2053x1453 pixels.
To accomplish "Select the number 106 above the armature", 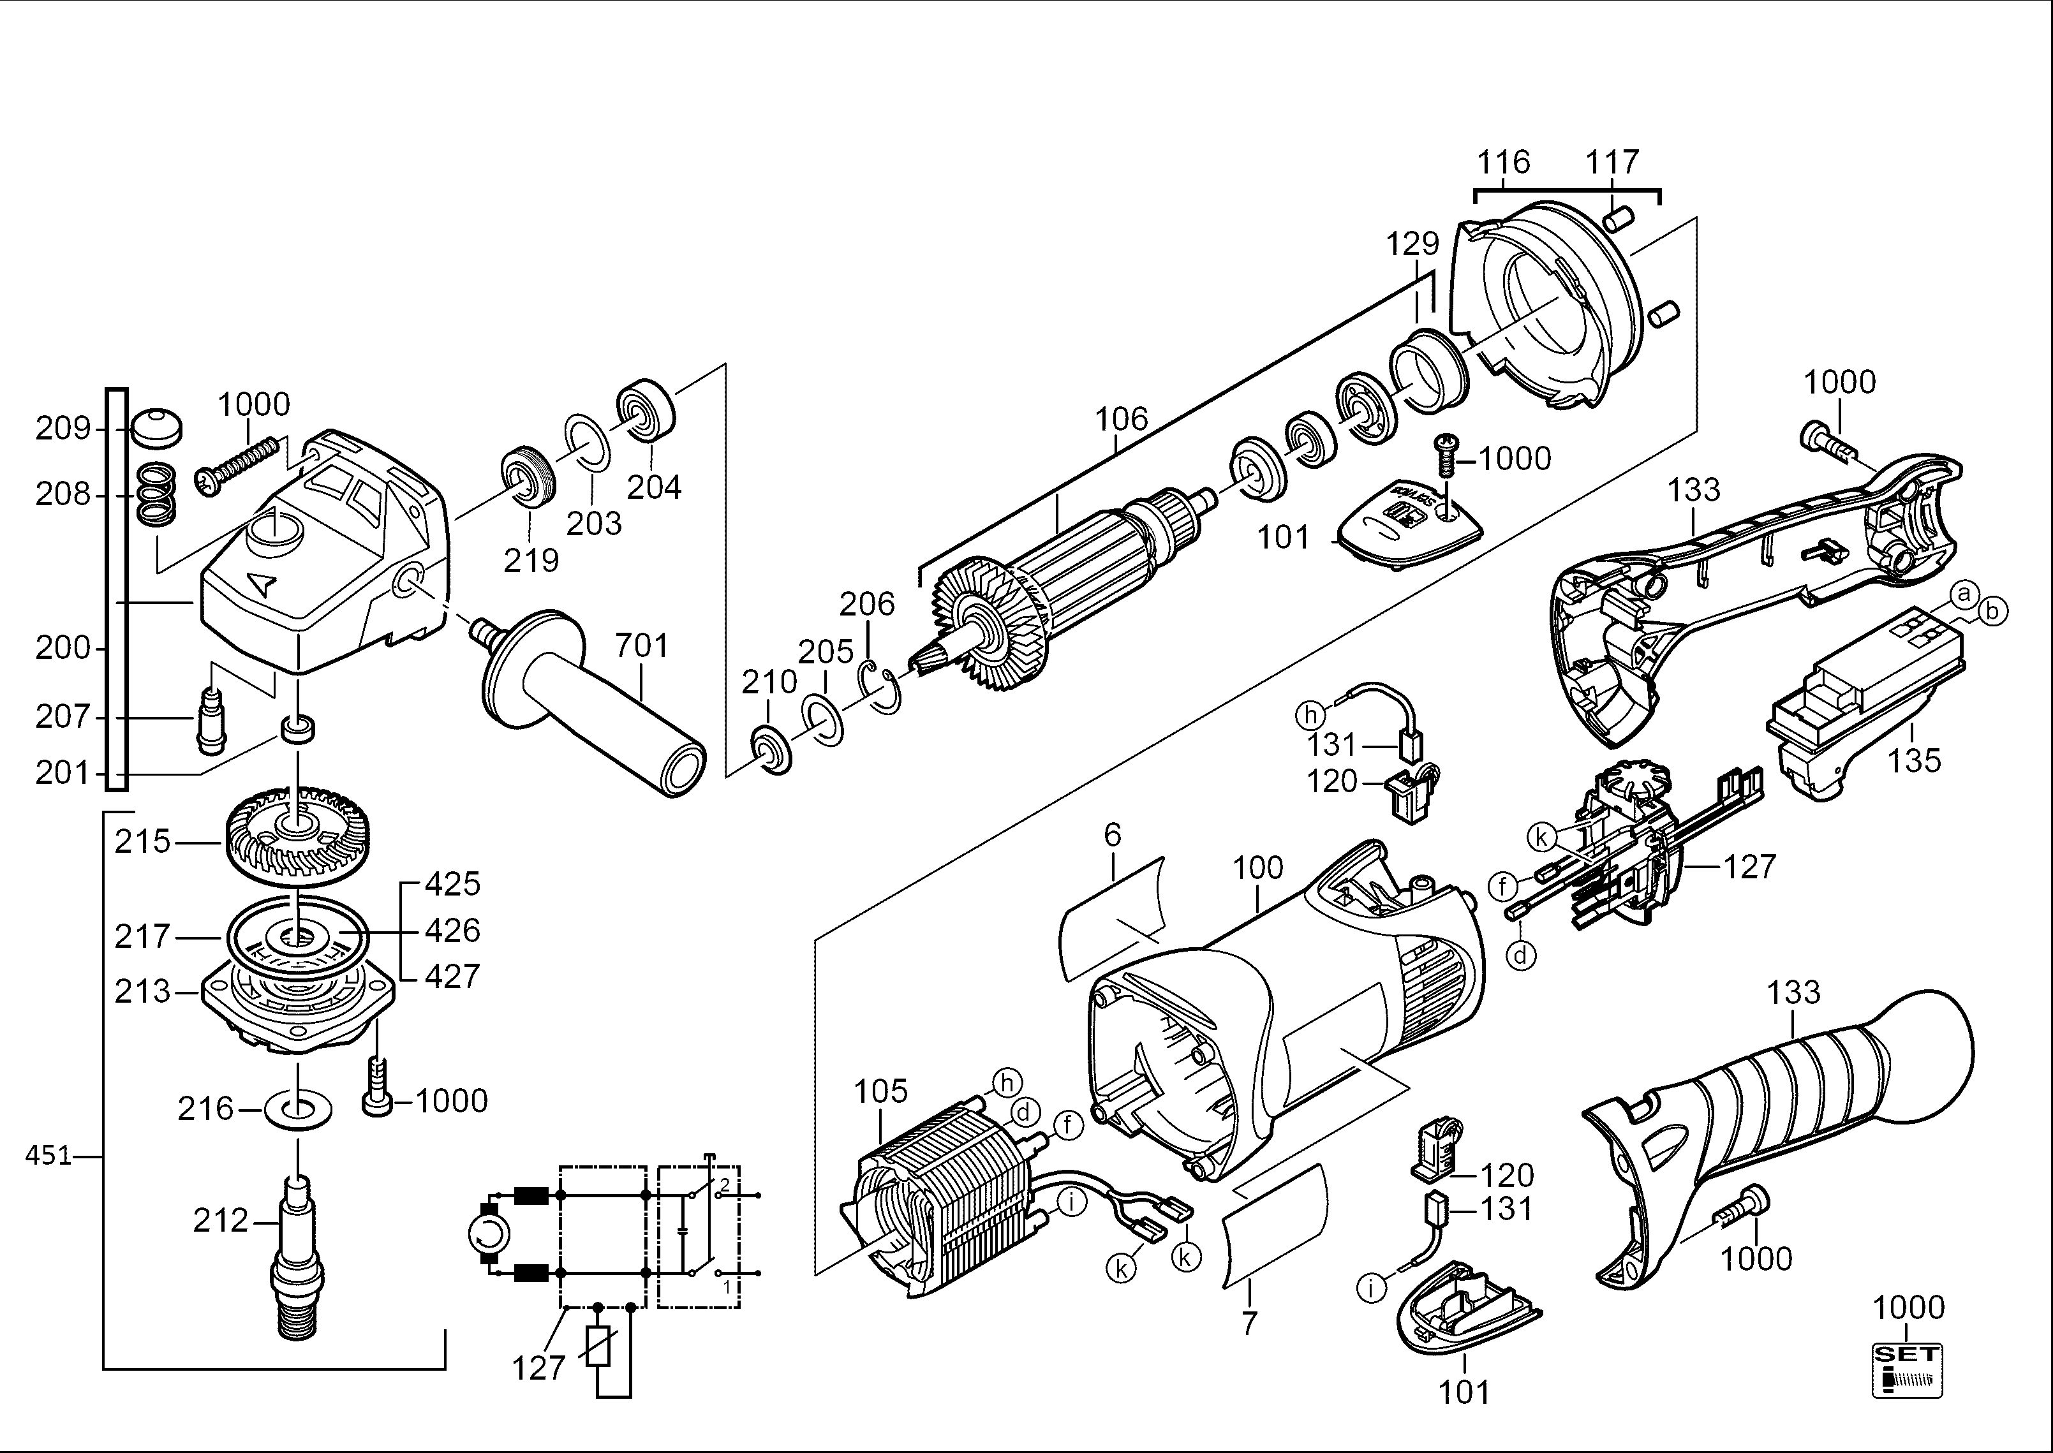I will coord(1122,418).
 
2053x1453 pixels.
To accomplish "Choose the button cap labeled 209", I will coord(155,429).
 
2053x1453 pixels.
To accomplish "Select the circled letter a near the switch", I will coord(1964,593).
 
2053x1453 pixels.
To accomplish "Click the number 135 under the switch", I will coord(1915,760).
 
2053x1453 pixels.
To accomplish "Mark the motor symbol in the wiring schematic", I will coord(489,1235).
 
